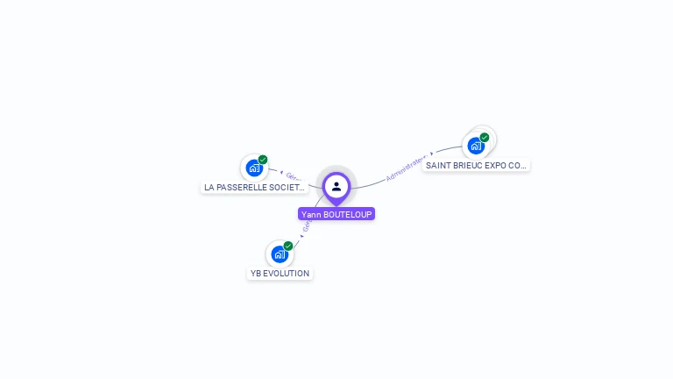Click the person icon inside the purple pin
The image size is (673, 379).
336,186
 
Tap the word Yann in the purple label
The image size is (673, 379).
310,214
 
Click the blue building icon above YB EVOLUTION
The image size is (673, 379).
279,254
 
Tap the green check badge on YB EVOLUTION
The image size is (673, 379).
288,246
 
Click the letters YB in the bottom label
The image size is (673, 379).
256,274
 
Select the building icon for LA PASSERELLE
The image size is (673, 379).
253,168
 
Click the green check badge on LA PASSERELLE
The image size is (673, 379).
263,160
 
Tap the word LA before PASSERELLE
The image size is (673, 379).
209,188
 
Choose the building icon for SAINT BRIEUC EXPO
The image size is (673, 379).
476,146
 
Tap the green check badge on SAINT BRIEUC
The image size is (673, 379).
485,137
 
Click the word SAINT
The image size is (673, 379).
437,165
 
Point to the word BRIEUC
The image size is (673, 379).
467,165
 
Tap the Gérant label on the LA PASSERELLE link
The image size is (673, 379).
294,176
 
